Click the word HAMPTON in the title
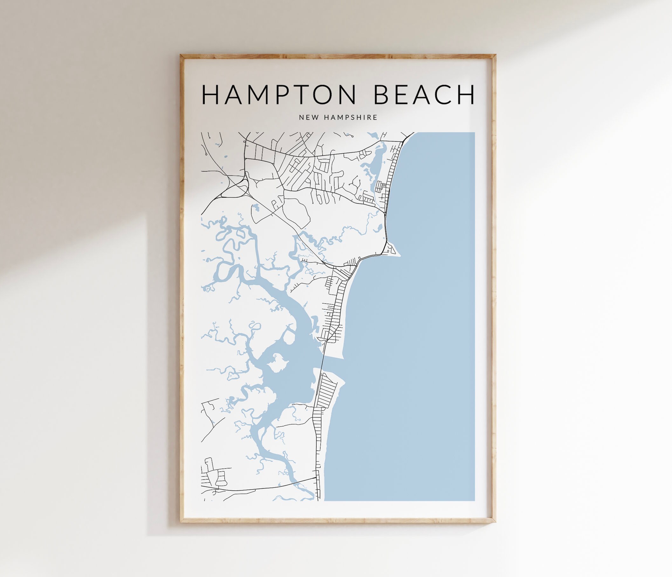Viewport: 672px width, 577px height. click(x=278, y=95)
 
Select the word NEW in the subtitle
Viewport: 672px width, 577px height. click(x=309, y=117)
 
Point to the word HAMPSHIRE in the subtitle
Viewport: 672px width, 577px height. click(x=351, y=117)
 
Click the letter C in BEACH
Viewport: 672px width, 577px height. click(x=445, y=95)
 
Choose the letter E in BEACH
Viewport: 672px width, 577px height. click(x=401, y=95)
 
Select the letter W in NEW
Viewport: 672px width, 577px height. click(x=316, y=117)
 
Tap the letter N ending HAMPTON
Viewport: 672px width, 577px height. click(x=347, y=95)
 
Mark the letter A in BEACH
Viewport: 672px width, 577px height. click(x=422, y=95)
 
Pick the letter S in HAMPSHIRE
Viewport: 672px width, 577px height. click(x=354, y=117)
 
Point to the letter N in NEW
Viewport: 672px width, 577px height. click(x=301, y=117)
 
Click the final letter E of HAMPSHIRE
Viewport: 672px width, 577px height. click(x=375, y=117)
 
